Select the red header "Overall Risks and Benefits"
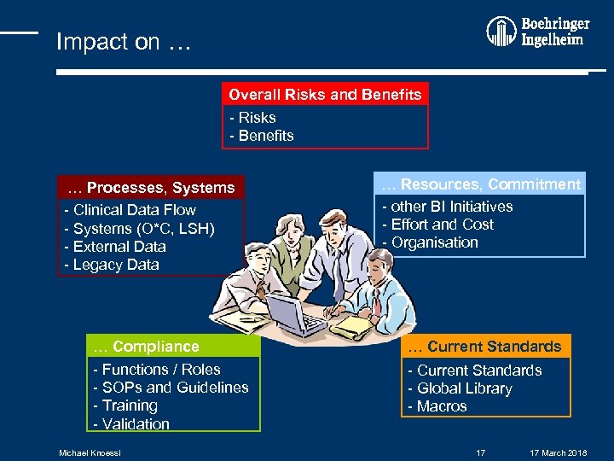325,94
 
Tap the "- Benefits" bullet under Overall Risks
262,136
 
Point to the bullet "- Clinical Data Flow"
130,210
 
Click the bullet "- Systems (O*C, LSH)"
139,229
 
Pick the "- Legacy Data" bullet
112,265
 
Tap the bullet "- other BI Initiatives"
447,207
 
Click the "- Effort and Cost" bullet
437,225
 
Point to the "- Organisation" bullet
430,242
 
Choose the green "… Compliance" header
146,347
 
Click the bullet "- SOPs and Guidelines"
171,388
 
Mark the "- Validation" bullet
131,424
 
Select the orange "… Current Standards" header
484,347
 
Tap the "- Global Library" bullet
460,388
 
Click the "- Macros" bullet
437,406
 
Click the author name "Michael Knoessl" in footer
90,452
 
